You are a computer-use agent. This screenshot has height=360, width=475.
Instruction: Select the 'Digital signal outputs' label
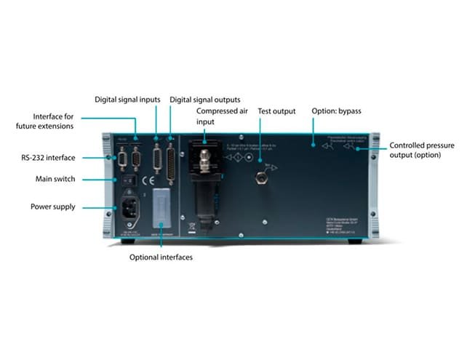pos(205,99)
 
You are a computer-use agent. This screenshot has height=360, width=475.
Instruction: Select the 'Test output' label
pos(276,111)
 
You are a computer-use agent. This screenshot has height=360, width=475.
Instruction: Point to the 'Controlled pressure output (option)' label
pos(422,151)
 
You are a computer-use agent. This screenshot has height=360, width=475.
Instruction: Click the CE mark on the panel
pos(147,180)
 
